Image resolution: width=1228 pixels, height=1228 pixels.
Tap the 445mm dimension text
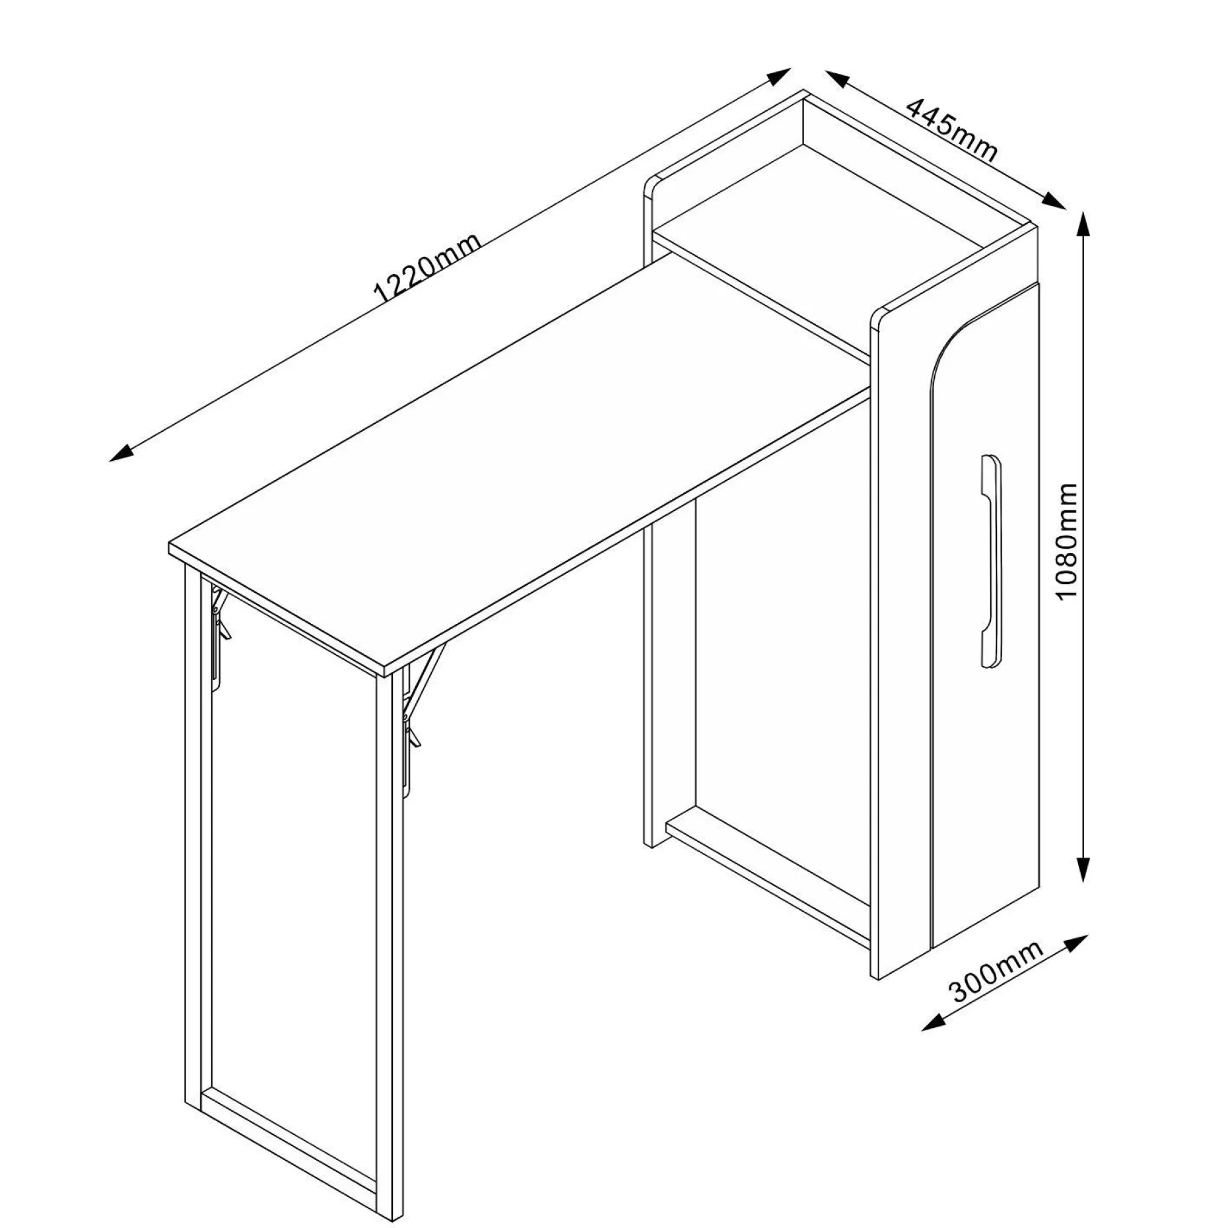pos(951,129)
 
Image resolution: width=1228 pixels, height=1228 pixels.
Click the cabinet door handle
pos(990,561)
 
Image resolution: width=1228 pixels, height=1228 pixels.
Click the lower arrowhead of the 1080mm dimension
pos(1083,868)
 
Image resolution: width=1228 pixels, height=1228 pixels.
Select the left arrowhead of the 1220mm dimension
pos(122,452)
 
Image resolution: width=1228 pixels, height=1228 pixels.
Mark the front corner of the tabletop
pos(385,675)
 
